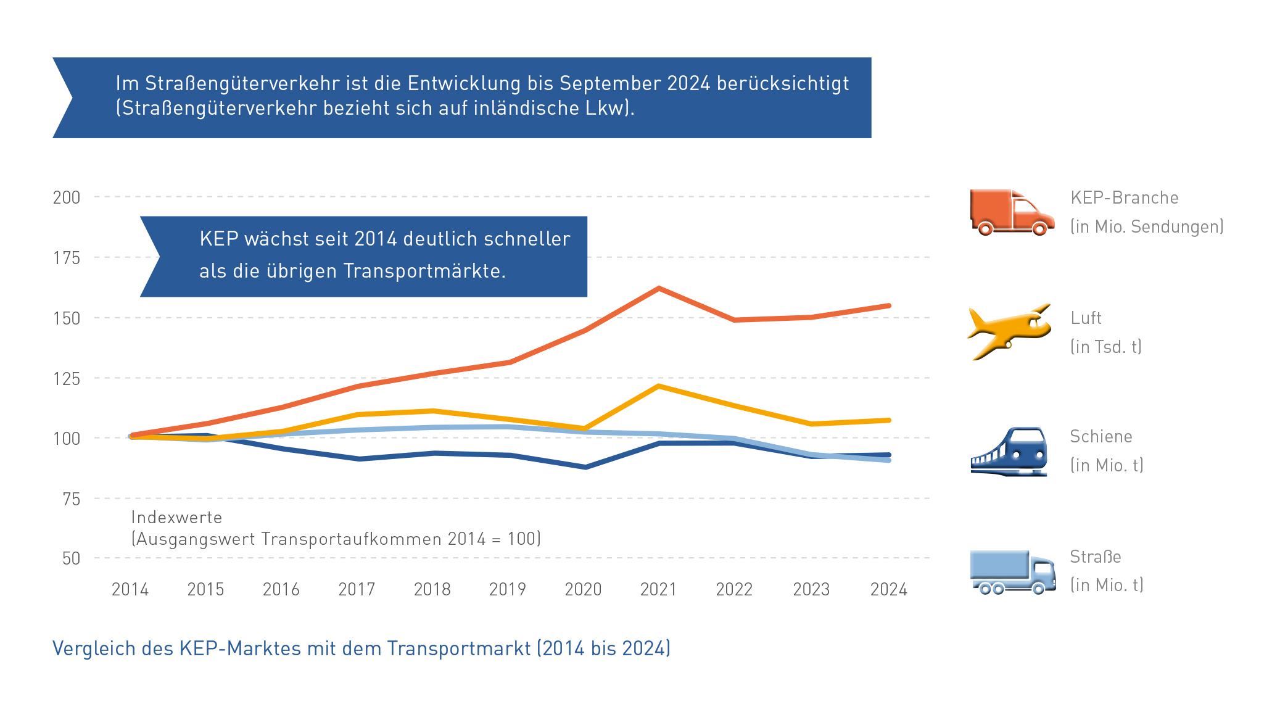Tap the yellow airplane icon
(x=1009, y=331)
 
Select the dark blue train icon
(x=1009, y=452)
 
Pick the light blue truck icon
(x=1012, y=572)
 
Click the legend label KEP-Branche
(x=1124, y=198)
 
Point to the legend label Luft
(x=1086, y=318)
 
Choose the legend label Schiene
(x=1101, y=437)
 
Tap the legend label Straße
(x=1095, y=557)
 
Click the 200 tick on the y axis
(x=67, y=197)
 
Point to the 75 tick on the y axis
(x=72, y=499)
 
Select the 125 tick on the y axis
(x=67, y=378)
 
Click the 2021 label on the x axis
(x=658, y=590)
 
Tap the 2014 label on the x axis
(x=130, y=590)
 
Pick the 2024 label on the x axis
(x=888, y=590)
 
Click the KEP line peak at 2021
(x=659, y=288)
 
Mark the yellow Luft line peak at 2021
(x=659, y=386)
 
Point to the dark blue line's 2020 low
(x=585, y=467)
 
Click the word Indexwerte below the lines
(x=176, y=518)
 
